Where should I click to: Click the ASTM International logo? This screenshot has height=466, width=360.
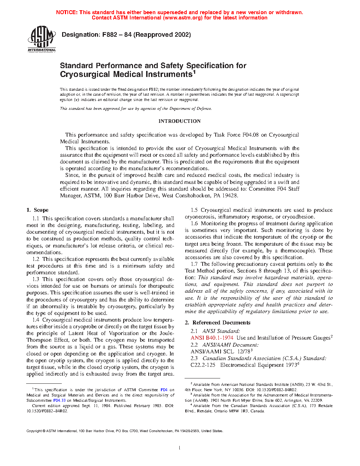click(42, 39)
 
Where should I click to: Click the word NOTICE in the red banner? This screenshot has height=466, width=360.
click(67, 12)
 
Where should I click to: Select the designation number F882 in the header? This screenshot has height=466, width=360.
click(109, 35)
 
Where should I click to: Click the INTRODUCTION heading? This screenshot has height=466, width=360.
click(179, 121)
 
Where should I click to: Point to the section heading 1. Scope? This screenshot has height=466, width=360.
click(37, 210)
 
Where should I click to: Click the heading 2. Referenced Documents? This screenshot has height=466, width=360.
click(217, 323)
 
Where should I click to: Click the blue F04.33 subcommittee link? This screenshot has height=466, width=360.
click(59, 400)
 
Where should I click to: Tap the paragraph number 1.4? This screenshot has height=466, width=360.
click(36, 320)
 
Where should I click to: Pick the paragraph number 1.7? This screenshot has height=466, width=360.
click(194, 264)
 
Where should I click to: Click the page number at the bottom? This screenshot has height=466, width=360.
click(180, 448)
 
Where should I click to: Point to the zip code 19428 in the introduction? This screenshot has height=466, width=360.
click(230, 196)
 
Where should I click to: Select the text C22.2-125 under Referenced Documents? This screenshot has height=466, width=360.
click(203, 365)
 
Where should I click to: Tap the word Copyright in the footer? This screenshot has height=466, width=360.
click(34, 431)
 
